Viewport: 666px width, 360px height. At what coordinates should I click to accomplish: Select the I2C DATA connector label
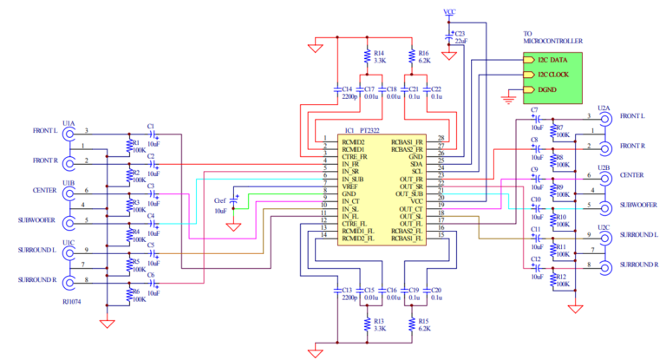click(552, 61)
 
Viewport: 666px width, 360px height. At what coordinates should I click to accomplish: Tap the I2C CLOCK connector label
click(554, 75)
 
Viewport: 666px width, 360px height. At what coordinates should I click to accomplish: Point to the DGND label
click(545, 89)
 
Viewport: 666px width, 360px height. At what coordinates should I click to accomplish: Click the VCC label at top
click(449, 13)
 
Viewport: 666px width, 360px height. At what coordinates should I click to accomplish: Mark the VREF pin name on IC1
click(350, 186)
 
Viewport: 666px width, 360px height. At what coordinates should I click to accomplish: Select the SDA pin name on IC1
click(415, 162)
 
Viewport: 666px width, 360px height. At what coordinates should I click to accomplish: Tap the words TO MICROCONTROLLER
click(552, 36)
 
